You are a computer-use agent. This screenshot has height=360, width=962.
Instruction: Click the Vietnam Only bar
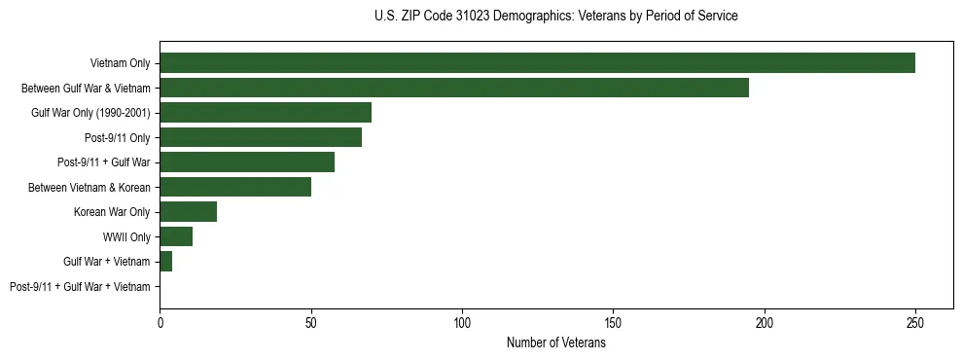[x=537, y=63]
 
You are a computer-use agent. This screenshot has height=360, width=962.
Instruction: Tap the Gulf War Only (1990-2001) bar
[x=266, y=113]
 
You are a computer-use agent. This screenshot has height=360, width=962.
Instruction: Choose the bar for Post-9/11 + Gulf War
[x=247, y=162]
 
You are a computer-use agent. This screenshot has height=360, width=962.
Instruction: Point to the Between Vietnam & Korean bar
[x=235, y=187]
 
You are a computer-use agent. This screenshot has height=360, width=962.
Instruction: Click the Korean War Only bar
[x=188, y=212]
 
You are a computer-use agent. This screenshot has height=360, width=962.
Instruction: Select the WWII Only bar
[x=176, y=236]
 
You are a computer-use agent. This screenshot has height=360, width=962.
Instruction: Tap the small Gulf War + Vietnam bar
[x=165, y=262]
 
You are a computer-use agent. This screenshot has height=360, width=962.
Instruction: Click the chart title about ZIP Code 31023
[x=555, y=17]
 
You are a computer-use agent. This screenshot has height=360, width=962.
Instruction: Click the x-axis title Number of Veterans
[x=555, y=342]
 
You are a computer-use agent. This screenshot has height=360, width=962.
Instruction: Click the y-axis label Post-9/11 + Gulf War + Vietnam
[x=80, y=287]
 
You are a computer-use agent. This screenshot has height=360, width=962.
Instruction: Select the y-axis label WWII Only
[x=126, y=236]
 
